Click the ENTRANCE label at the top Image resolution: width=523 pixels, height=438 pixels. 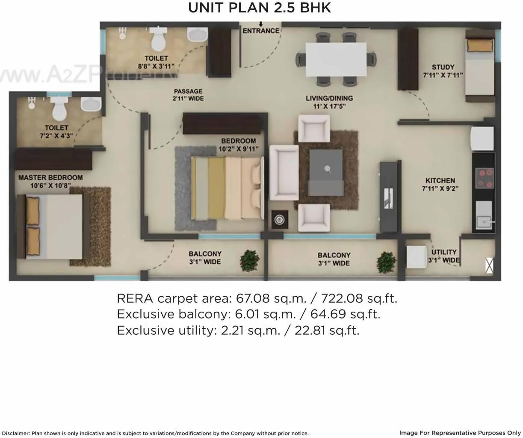tap(261, 31)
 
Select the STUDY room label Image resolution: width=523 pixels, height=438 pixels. tap(443, 67)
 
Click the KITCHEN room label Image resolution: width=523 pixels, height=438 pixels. tap(440, 181)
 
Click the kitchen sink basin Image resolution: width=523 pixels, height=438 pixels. tap(484, 222)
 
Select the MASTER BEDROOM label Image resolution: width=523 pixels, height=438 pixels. tap(50, 178)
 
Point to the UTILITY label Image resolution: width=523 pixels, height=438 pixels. tap(444, 252)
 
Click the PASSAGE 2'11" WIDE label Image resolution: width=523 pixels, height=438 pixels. tap(188, 95)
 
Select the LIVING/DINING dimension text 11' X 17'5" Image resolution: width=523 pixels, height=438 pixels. tap(329, 106)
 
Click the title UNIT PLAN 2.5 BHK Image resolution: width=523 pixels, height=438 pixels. tap(260, 8)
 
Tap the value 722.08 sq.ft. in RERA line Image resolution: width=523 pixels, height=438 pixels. tap(359, 298)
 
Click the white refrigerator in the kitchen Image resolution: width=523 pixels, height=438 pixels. tap(482, 138)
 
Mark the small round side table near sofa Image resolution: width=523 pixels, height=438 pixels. tap(279, 220)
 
